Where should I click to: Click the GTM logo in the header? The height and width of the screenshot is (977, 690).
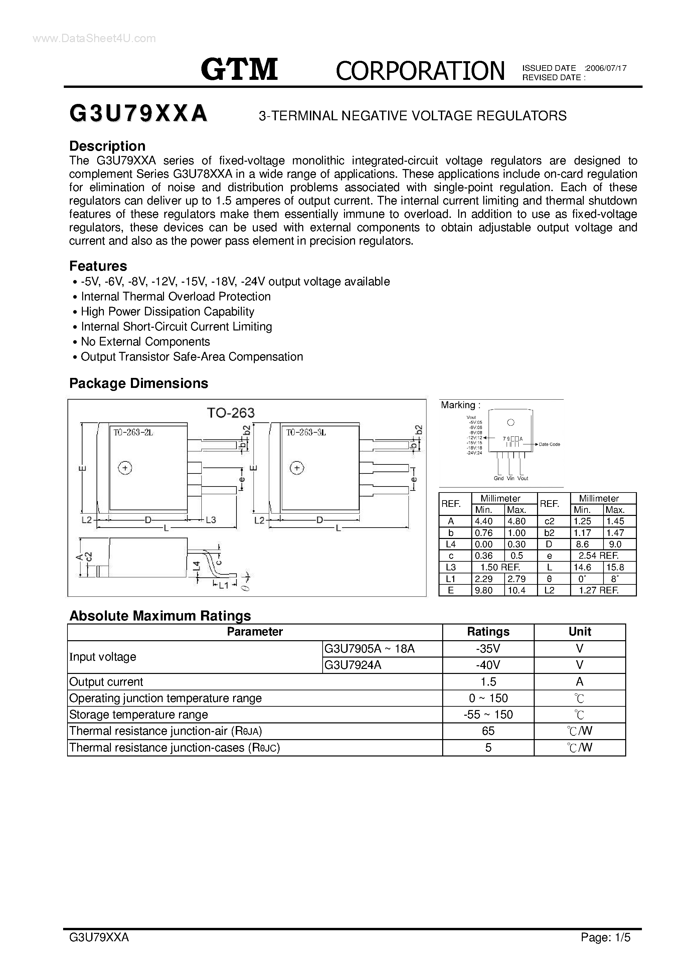pyautogui.click(x=239, y=69)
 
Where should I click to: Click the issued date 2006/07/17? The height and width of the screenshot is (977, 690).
pyautogui.click(x=606, y=68)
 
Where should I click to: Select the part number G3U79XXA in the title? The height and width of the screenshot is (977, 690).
pyautogui.click(x=138, y=114)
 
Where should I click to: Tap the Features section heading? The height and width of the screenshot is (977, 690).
pyautogui.click(x=98, y=266)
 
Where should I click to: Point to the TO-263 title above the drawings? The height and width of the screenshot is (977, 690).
pyautogui.click(x=230, y=412)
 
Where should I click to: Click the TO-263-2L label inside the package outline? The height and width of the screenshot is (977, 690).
pyautogui.click(x=133, y=432)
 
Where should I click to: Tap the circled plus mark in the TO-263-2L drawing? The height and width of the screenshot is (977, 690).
pyautogui.click(x=125, y=468)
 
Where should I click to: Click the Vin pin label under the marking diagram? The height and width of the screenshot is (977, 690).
pyautogui.click(x=510, y=478)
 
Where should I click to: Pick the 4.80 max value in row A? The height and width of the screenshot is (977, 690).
pyautogui.click(x=516, y=521)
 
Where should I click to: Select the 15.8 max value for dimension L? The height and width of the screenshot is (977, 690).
pyautogui.click(x=615, y=567)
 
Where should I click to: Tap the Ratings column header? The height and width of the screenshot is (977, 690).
pyautogui.click(x=488, y=632)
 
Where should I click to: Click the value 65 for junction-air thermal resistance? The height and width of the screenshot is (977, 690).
pyautogui.click(x=488, y=731)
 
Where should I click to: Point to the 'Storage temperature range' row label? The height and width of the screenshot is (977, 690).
pyautogui.click(x=138, y=714)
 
